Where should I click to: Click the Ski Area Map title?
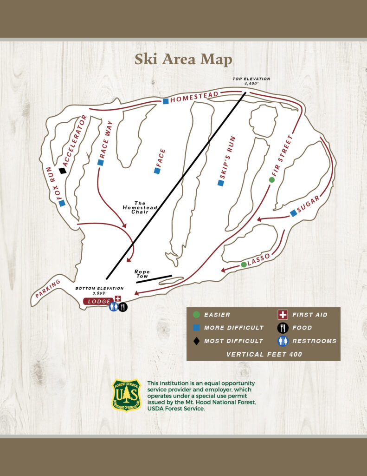tap(183, 59)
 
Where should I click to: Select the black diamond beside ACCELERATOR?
tap(63, 171)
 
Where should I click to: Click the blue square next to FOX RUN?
tap(62, 203)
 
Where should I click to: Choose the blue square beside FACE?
tap(157, 171)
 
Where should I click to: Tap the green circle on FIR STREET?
tap(272, 180)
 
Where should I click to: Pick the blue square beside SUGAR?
tap(293, 213)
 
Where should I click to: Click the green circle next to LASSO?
tap(244, 264)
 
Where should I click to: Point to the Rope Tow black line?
tap(154, 278)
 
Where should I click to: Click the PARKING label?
tap(48, 289)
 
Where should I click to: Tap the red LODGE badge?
tap(98, 302)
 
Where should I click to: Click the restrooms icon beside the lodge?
tap(114, 307)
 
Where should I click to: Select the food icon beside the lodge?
tap(122, 307)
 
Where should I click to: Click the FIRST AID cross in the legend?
tap(283, 315)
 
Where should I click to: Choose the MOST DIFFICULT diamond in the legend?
tap(196, 341)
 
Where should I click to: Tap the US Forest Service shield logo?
tap(127, 395)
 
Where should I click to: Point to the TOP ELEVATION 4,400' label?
tap(251, 82)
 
